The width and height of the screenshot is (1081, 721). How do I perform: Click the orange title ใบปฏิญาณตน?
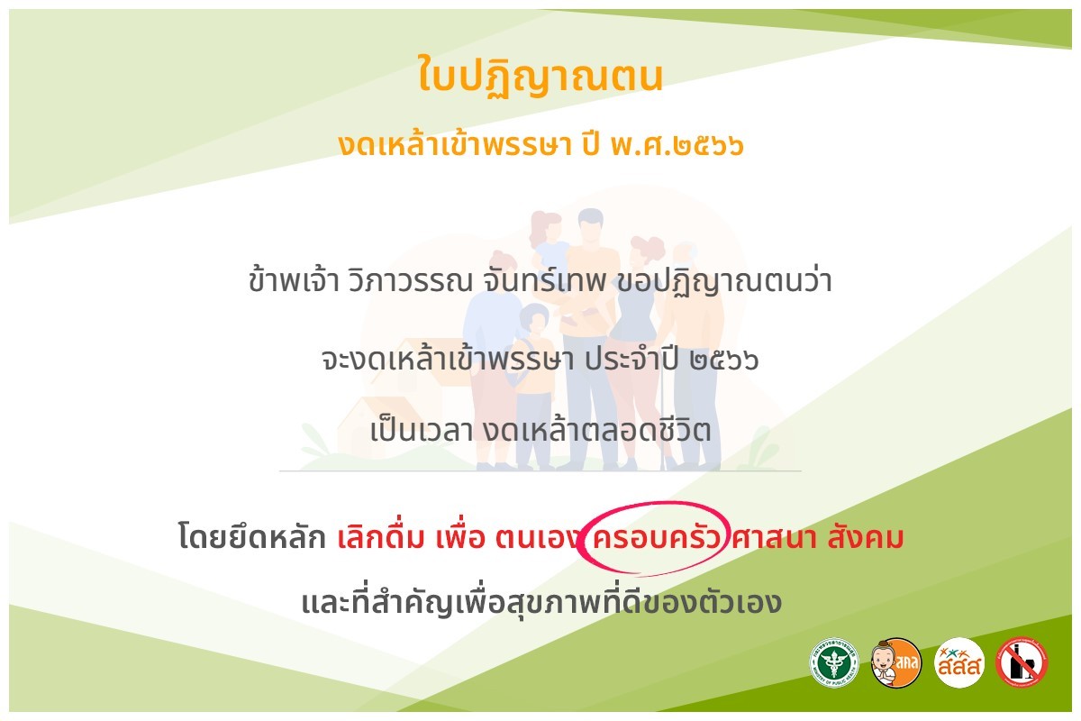click(540, 76)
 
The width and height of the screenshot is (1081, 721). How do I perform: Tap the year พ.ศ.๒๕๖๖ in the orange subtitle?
click(677, 144)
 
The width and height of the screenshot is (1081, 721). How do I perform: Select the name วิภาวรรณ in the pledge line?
click(410, 280)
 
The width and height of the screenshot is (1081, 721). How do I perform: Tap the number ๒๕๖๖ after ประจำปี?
click(724, 360)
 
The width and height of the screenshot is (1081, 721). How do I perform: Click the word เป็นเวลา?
click(422, 429)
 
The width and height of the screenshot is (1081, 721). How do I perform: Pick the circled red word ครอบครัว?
click(656, 537)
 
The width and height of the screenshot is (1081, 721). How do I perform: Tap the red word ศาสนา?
click(773, 537)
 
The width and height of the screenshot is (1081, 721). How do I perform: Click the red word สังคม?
click(865, 536)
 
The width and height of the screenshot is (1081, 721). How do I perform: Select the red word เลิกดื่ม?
click(380, 536)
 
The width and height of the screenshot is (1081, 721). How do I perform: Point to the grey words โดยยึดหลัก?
click(252, 536)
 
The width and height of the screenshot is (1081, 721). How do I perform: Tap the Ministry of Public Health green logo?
click(834, 662)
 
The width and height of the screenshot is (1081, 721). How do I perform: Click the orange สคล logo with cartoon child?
click(896, 662)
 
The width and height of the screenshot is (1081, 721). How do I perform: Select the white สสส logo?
click(958, 662)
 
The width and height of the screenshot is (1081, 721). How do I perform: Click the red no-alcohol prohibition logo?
click(1022, 662)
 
